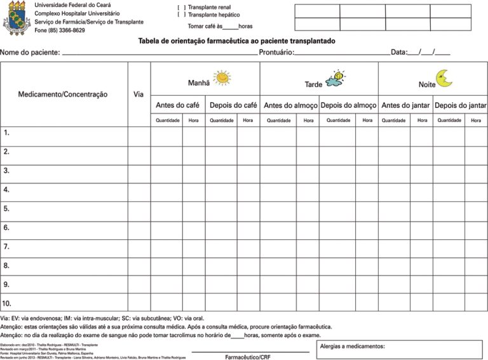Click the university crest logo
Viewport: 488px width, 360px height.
coord(17,18)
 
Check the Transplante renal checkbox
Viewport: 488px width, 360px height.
coord(182,7)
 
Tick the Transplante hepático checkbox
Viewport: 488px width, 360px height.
coord(182,15)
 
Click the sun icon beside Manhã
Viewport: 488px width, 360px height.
coord(222,77)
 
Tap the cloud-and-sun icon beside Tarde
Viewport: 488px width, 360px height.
coord(335,79)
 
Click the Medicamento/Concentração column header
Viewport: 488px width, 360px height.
coord(63,95)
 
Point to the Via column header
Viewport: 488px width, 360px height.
coord(139,95)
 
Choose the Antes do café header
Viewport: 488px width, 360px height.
coord(177,105)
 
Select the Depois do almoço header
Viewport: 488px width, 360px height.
coord(348,105)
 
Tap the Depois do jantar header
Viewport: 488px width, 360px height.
coord(461,105)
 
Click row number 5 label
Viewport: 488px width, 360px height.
coord(6,208)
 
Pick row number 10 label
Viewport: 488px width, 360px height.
coord(8,303)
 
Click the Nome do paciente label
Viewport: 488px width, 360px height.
coord(30,53)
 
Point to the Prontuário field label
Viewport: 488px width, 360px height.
coord(276,53)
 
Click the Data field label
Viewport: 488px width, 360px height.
coord(398,53)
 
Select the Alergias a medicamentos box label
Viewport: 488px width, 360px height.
coord(353,347)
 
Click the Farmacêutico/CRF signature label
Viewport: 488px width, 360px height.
coord(248,357)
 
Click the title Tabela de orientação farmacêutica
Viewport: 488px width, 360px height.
coord(236,41)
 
